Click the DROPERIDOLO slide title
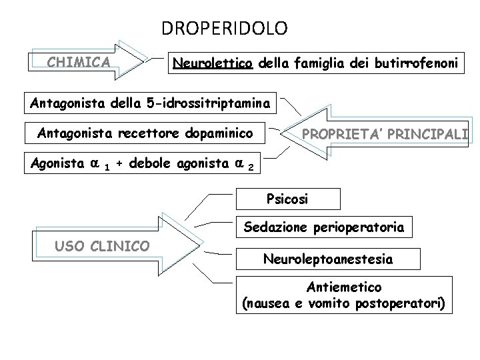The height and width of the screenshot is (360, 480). (225, 29)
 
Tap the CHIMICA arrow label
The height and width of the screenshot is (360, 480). (79, 63)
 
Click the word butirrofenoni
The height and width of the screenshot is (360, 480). (413, 63)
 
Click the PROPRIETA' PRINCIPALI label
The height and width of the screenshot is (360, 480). (385, 135)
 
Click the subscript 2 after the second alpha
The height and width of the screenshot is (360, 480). (249, 167)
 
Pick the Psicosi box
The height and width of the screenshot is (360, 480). (287, 199)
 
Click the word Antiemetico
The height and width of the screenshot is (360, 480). (344, 287)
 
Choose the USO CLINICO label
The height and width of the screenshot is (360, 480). (101, 246)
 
